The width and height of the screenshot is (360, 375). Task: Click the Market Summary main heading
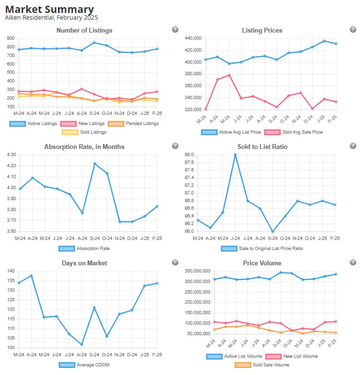pos(49,9)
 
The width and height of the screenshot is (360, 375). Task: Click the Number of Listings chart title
pos(84,30)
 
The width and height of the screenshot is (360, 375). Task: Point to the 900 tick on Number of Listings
pos(10,38)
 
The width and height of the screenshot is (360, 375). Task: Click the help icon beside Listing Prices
pos(353,30)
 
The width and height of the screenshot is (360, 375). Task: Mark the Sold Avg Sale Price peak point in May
pos(230,75)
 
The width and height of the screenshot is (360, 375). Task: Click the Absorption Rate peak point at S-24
pos(94,163)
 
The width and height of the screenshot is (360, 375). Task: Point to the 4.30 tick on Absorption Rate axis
pos(10,155)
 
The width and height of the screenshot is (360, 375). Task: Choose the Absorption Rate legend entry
pos(84,249)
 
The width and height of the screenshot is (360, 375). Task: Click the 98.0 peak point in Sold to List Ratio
pos(235,155)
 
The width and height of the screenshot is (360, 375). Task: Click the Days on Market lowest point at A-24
pos(82,344)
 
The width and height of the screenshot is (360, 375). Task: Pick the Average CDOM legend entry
pos(84,365)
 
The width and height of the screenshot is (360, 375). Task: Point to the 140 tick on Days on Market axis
pos(10,271)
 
